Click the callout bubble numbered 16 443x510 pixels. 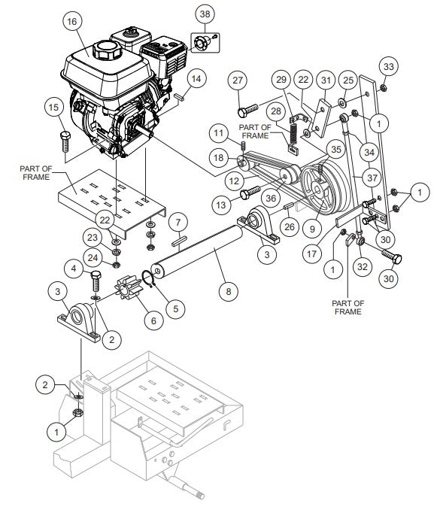pos(71,22)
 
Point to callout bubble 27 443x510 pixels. pos(238,80)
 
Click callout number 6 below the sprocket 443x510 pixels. pos(153,320)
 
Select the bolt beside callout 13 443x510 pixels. pos(251,194)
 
